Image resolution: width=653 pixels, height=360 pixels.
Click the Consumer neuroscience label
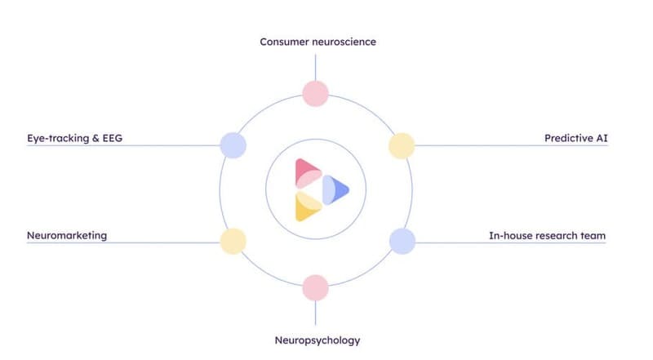coord(318,41)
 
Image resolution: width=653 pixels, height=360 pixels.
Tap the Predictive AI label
coord(575,138)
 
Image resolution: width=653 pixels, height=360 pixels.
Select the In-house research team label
coord(547,236)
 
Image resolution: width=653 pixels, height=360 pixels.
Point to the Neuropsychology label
coord(317,340)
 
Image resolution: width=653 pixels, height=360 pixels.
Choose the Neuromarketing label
coord(66,236)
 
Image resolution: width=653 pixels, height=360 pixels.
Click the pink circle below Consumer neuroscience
coord(315,93)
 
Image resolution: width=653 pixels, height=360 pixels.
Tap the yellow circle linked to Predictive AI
coord(401,146)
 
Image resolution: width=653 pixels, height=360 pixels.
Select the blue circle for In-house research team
coord(402,241)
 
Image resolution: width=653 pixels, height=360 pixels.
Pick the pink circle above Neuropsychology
coord(315,287)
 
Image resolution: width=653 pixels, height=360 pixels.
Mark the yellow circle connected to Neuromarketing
coord(233,241)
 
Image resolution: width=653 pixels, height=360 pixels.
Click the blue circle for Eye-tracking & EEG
coord(233,146)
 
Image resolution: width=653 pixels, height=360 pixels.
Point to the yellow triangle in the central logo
coord(307,208)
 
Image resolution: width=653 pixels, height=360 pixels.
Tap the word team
coord(593,236)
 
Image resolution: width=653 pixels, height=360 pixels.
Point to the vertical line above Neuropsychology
coord(315,314)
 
